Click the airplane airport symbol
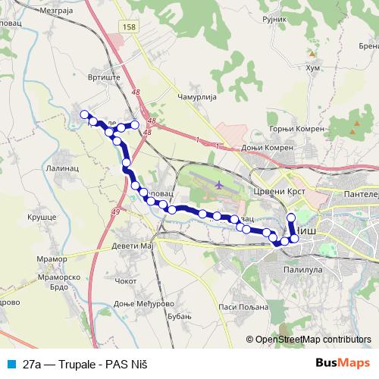[219, 184]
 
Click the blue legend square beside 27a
[11, 363]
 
